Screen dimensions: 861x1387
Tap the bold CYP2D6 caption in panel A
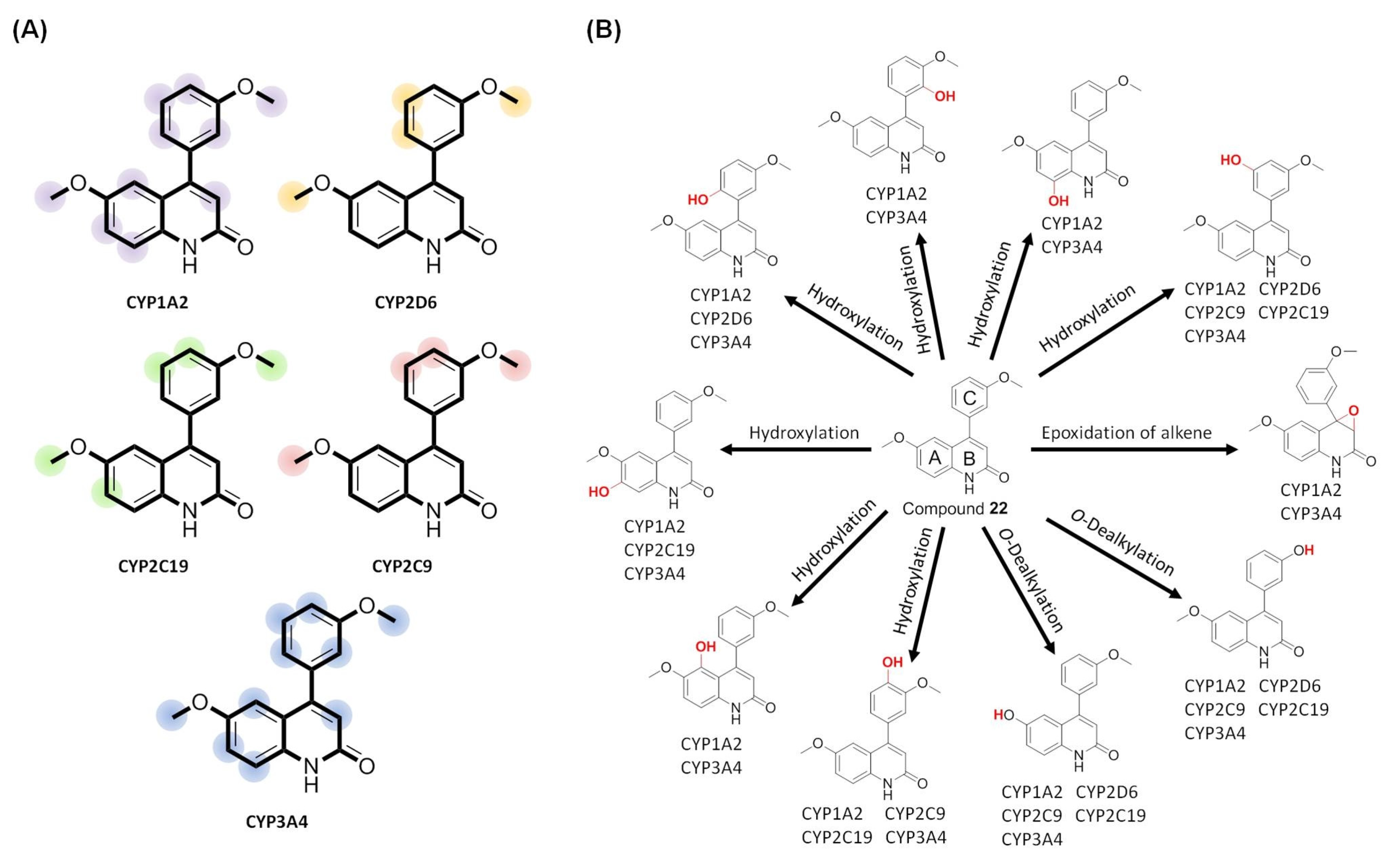point(406,302)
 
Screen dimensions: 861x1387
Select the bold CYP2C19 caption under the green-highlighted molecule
point(153,566)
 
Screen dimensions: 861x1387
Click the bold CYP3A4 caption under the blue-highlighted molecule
point(277,822)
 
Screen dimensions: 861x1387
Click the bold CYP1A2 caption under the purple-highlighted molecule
point(157,302)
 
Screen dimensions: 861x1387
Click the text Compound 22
point(955,508)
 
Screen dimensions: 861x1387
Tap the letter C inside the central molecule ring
point(969,398)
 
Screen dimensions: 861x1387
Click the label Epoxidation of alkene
point(1126,433)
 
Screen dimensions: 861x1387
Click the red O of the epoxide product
point(1353,411)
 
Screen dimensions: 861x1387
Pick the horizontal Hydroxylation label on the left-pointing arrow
point(804,433)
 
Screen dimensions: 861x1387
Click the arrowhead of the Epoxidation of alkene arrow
point(1232,449)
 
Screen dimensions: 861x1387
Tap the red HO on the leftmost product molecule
point(599,491)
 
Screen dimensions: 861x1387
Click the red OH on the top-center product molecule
point(945,96)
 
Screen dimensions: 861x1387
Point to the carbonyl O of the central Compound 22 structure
point(1003,477)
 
